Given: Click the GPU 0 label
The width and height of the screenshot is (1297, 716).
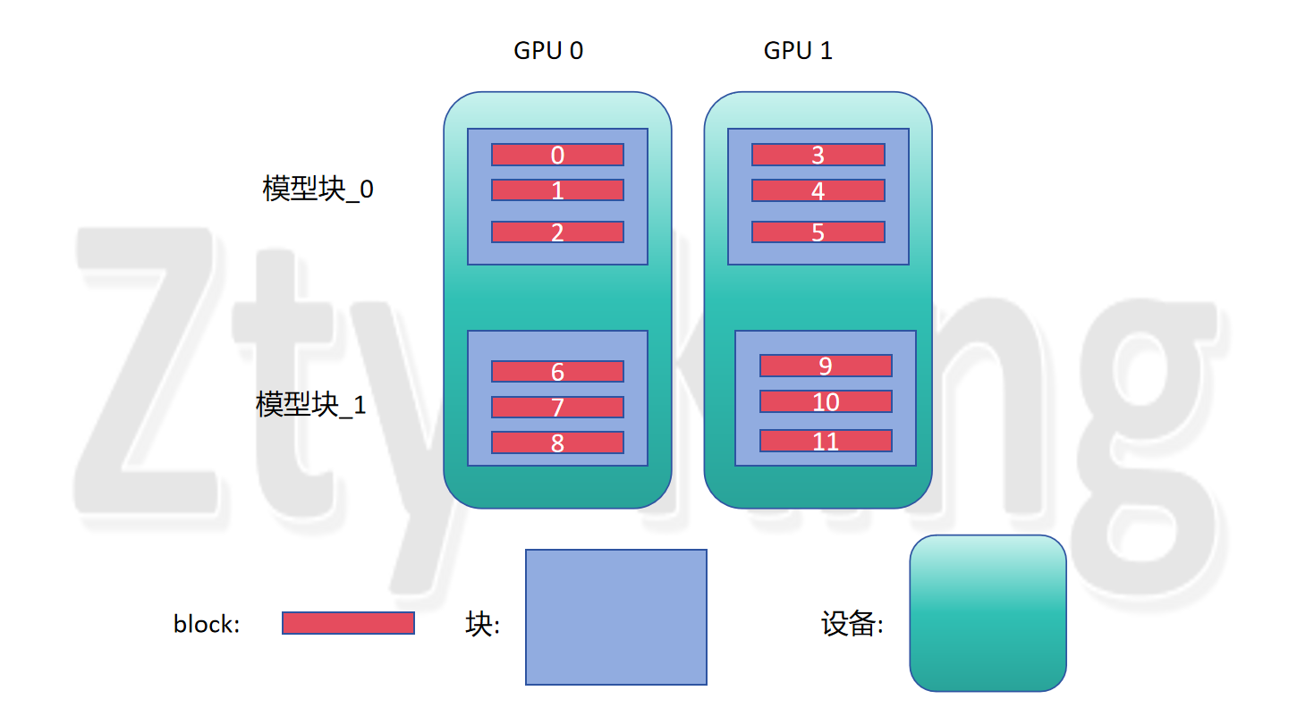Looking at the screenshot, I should coord(548,51).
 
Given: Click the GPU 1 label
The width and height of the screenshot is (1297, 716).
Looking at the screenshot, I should coord(798,51).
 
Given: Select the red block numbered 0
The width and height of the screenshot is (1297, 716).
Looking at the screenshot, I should coord(557,155).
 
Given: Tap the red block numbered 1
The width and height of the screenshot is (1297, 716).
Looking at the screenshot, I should coord(557,190).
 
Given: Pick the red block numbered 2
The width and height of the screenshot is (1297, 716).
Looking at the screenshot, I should coord(557,232).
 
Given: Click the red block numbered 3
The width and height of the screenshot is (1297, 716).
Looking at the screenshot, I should coord(818,155).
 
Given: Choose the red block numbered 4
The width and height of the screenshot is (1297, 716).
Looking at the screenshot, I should coord(818,190).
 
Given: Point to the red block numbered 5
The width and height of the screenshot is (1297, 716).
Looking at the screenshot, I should coord(818,232).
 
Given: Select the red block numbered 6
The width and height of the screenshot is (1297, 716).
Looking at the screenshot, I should coord(557,372).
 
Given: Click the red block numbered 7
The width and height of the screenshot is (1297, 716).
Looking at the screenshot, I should coord(557,408).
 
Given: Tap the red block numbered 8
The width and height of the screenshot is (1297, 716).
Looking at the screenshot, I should coord(557,442).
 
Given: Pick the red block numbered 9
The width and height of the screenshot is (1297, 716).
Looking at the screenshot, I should coord(826,366).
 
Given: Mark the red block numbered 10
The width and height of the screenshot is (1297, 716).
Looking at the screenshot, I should coord(826,401).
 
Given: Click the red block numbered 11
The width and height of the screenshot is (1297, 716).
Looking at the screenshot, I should coord(826,441).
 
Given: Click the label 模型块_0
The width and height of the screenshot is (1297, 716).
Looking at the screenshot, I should coord(318,190).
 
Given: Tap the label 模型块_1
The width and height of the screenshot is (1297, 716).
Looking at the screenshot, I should coord(310,405).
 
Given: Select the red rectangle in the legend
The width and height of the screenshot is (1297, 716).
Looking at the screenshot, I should coord(348,623).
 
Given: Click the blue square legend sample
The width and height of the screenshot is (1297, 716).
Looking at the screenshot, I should coord(616,617).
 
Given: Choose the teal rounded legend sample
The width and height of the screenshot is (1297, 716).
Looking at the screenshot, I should coord(988,613).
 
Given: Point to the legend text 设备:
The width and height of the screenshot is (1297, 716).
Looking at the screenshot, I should coord(852,624).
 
